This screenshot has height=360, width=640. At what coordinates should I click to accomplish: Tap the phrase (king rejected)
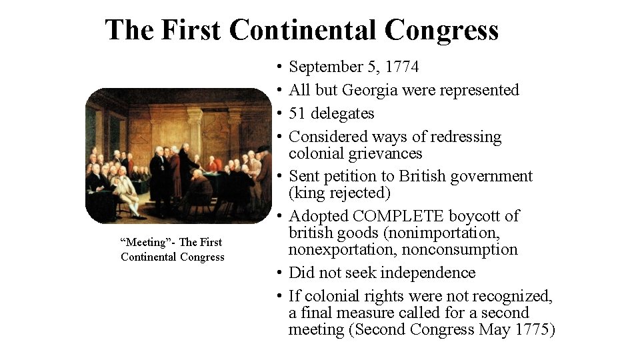(339, 193)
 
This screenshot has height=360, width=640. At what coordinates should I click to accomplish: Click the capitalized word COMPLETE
(400, 216)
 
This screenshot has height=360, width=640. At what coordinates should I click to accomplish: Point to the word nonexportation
(337, 249)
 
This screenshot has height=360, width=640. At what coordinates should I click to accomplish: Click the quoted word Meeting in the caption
(142, 242)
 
